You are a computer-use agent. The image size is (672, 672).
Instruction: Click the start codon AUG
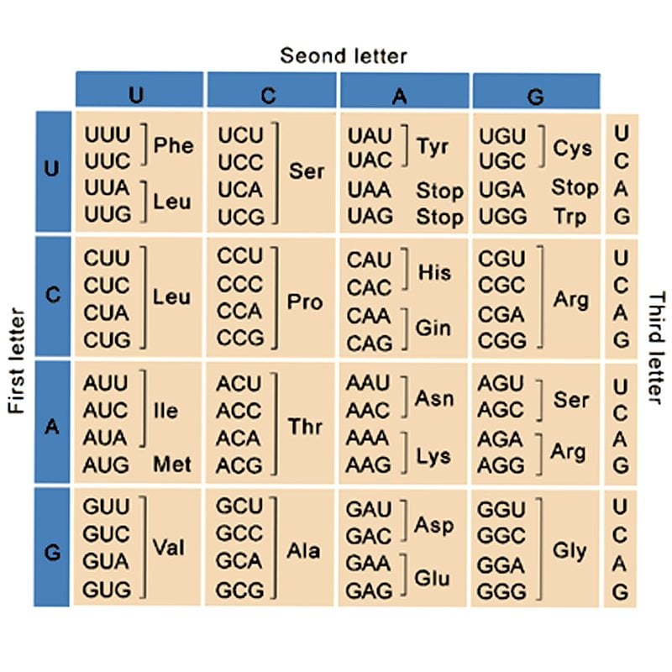tap(106, 465)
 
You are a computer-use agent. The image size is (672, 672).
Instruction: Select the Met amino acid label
tap(171, 465)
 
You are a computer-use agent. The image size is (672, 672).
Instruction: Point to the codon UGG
tap(502, 216)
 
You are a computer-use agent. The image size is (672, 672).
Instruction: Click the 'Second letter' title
tap(343, 56)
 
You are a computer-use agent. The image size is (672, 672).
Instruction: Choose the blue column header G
tap(536, 95)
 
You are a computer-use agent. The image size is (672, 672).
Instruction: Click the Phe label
tap(173, 146)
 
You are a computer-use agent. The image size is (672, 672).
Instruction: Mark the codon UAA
tap(370, 189)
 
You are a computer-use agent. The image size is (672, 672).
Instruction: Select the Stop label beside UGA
tap(575, 187)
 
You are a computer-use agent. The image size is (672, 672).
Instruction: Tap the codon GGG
tap(502, 591)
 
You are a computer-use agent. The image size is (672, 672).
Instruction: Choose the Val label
tap(168, 548)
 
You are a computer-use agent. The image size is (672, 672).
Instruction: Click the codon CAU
tap(370, 259)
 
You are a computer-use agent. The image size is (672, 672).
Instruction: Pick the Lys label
tap(433, 456)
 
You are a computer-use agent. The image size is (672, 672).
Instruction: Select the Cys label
tap(573, 148)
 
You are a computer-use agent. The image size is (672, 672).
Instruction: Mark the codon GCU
tap(240, 507)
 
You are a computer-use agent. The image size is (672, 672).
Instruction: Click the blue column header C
tap(268, 95)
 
